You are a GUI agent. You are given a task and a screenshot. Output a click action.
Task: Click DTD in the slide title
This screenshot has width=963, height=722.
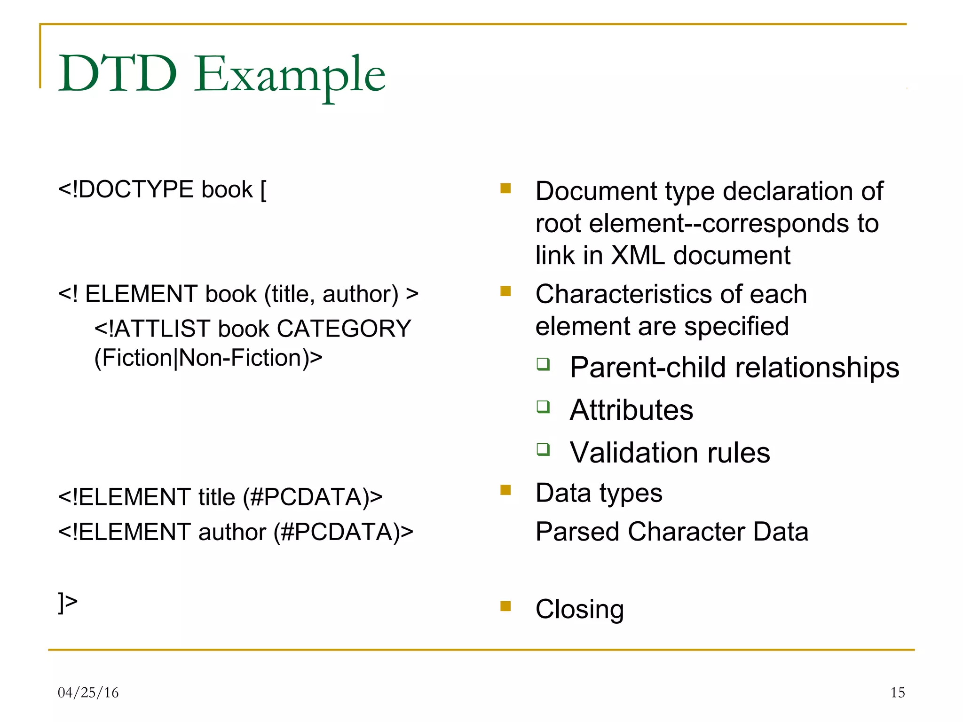pyautogui.click(x=118, y=74)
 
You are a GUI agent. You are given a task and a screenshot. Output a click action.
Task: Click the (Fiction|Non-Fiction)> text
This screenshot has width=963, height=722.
pyautogui.click(x=208, y=358)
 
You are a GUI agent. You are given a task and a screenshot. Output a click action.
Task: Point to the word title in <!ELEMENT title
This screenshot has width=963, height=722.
pyautogui.click(x=216, y=497)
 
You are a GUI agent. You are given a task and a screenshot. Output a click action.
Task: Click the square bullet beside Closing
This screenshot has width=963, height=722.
pyautogui.click(x=505, y=606)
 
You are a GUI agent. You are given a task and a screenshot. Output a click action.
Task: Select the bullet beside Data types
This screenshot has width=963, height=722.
pyautogui.click(x=505, y=490)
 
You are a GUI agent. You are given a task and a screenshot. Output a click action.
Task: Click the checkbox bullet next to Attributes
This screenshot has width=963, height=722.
pyautogui.click(x=543, y=407)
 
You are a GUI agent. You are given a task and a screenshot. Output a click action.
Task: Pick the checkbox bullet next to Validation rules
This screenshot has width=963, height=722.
pyautogui.click(x=543, y=449)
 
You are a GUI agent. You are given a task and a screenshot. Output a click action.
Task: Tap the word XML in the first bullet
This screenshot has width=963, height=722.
pyautogui.click(x=638, y=256)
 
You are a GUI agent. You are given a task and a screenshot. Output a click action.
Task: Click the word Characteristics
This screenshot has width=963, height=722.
pyautogui.click(x=624, y=295)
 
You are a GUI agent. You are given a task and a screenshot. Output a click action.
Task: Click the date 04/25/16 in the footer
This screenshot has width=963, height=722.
pyautogui.click(x=88, y=692)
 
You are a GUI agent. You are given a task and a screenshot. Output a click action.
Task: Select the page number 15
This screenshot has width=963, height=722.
pyautogui.click(x=897, y=692)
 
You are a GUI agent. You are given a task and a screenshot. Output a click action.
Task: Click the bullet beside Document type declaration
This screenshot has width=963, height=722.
pyautogui.click(x=505, y=188)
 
